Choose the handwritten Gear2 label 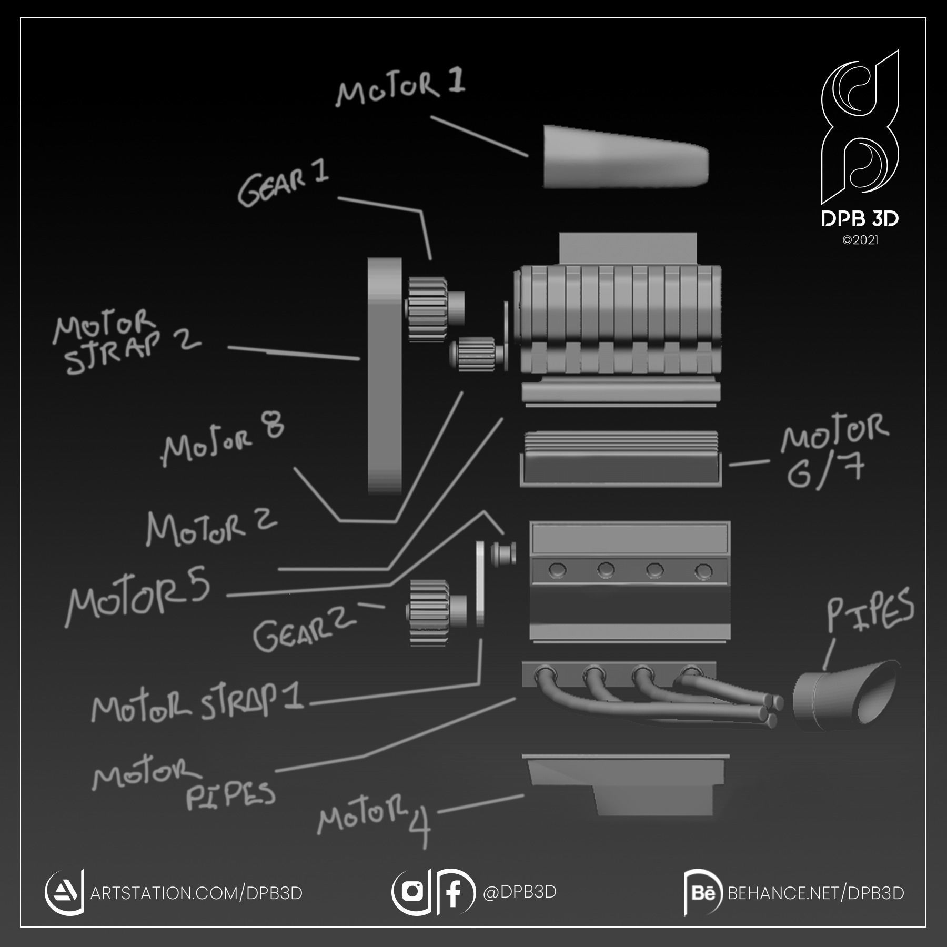[304, 629]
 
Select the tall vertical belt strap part [385, 376]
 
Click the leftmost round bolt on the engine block [558, 569]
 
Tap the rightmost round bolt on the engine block [703, 571]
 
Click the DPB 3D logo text [860, 219]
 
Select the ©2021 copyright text [860, 240]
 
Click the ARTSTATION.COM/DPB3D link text [196, 893]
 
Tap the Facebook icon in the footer [454, 892]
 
